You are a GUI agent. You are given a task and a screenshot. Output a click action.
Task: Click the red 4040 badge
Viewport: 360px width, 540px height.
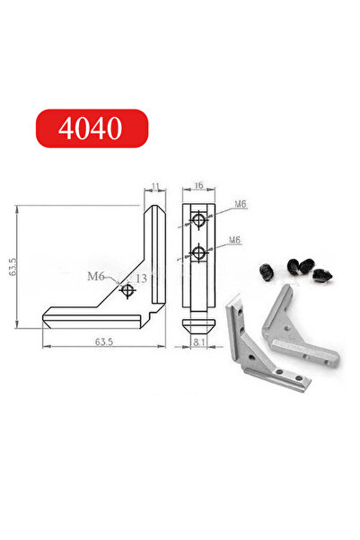click(x=90, y=128)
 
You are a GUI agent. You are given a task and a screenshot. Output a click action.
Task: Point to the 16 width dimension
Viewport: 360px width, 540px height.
click(x=198, y=186)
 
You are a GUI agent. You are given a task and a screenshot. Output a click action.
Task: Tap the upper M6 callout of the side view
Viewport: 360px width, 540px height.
click(x=240, y=205)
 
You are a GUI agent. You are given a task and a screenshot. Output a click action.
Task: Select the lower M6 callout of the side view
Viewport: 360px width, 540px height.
click(x=234, y=240)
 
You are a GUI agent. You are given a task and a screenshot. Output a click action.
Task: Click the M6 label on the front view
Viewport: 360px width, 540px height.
click(x=97, y=276)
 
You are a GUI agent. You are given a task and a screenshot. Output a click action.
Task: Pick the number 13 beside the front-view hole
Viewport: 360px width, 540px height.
click(x=141, y=279)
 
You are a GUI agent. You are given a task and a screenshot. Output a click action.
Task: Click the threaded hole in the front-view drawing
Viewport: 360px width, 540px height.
click(x=128, y=289)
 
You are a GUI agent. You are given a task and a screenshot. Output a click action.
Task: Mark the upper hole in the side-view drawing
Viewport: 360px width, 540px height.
click(x=198, y=221)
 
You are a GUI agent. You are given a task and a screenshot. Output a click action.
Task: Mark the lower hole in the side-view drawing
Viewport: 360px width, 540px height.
click(x=198, y=254)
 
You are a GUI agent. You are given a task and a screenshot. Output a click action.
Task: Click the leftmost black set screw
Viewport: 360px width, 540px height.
click(x=265, y=272)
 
